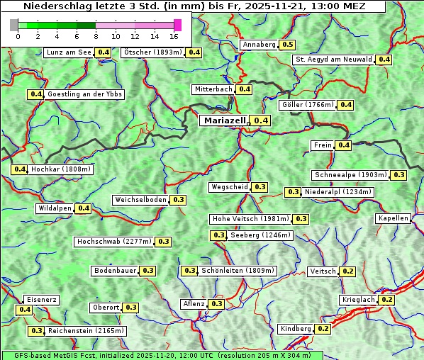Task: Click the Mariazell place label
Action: [x=224, y=120]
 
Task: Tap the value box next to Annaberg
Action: [x=287, y=45]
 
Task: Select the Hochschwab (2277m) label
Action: [x=114, y=242]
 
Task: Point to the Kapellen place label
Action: [x=394, y=218]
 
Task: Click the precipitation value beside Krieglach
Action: [x=386, y=300]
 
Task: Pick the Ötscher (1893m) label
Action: [x=152, y=52]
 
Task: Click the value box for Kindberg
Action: [x=323, y=329]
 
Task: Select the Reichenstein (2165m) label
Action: [x=87, y=331]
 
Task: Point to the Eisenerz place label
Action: [x=41, y=300]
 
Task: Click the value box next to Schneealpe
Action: [x=399, y=175]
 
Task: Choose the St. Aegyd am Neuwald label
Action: [x=333, y=60]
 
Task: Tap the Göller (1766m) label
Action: [x=307, y=105]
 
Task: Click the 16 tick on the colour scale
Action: [x=174, y=36]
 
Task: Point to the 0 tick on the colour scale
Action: [x=18, y=36]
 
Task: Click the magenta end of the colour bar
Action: [x=177, y=25]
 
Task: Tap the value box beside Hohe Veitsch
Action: [x=301, y=219]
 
